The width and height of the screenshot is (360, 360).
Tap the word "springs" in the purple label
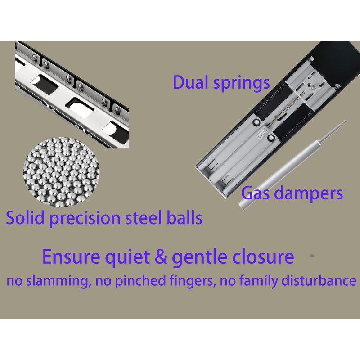coord(241,84)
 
